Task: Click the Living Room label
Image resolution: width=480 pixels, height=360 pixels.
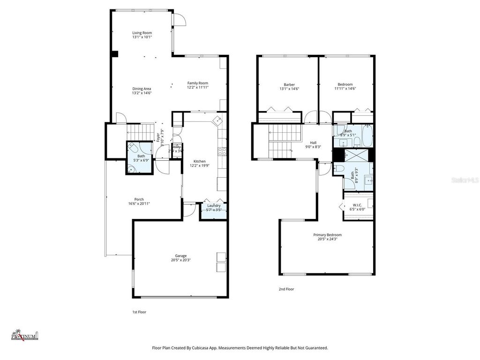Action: tap(142, 33)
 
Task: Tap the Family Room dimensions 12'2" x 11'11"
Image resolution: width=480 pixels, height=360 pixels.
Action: tap(197, 87)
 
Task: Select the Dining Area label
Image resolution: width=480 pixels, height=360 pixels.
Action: tap(141, 89)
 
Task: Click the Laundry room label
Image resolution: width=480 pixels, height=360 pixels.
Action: tap(214, 205)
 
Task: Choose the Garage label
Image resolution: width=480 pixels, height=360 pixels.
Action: tap(181, 255)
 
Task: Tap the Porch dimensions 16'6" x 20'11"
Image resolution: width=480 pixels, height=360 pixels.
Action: tap(139, 203)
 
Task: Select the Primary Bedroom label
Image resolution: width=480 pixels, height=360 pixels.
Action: tap(327, 235)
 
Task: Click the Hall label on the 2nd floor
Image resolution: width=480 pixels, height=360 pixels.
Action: tap(313, 142)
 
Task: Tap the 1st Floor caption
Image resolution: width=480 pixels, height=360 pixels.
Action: tap(139, 312)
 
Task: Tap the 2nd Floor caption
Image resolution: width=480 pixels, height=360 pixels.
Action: tap(286, 289)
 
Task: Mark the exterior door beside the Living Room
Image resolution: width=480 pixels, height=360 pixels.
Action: tap(180, 19)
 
